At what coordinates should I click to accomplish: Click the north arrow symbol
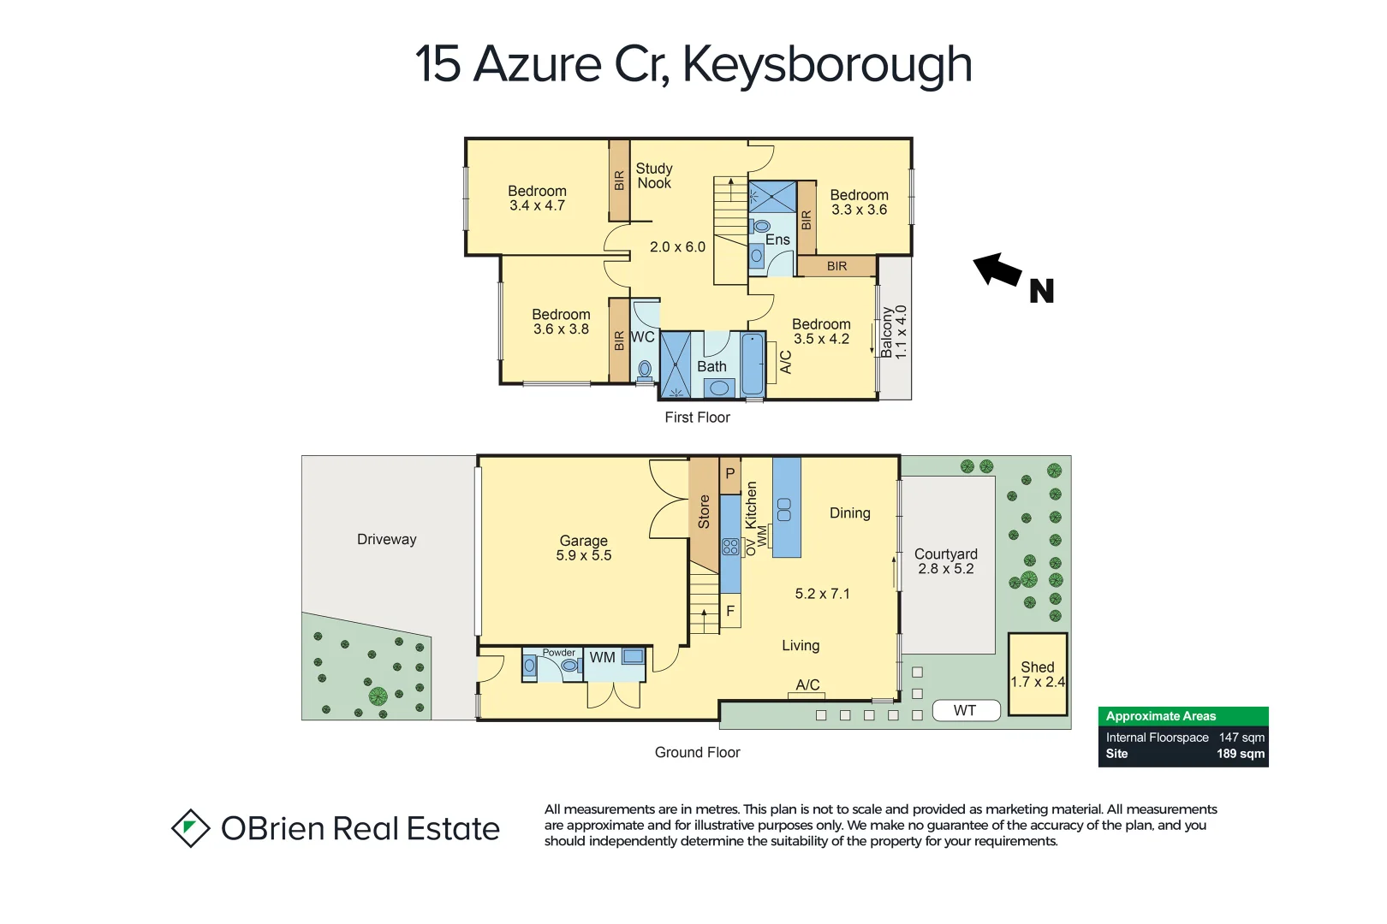[998, 270]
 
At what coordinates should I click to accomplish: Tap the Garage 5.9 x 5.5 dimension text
[584, 556]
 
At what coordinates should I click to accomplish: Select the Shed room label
[1037, 666]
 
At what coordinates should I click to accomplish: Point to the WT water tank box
[965, 710]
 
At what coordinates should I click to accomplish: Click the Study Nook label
[654, 175]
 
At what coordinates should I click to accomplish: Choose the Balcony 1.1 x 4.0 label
[893, 332]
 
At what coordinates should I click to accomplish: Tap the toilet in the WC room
[645, 370]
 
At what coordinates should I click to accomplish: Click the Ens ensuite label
[777, 240]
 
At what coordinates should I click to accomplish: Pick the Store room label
[704, 512]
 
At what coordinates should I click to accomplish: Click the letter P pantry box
[730, 473]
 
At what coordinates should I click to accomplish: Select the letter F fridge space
[730, 611]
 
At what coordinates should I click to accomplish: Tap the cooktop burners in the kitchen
[730, 547]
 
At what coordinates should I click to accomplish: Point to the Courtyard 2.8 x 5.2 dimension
[945, 569]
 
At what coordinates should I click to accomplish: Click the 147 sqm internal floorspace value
[1241, 737]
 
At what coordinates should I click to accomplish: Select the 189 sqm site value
[1240, 754]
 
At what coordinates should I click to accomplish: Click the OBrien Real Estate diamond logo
[190, 828]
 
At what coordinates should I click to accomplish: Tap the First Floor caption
[697, 418]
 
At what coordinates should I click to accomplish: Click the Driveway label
[386, 539]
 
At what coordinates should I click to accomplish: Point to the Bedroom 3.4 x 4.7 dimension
[537, 206]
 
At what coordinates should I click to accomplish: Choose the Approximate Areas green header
[1182, 716]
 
